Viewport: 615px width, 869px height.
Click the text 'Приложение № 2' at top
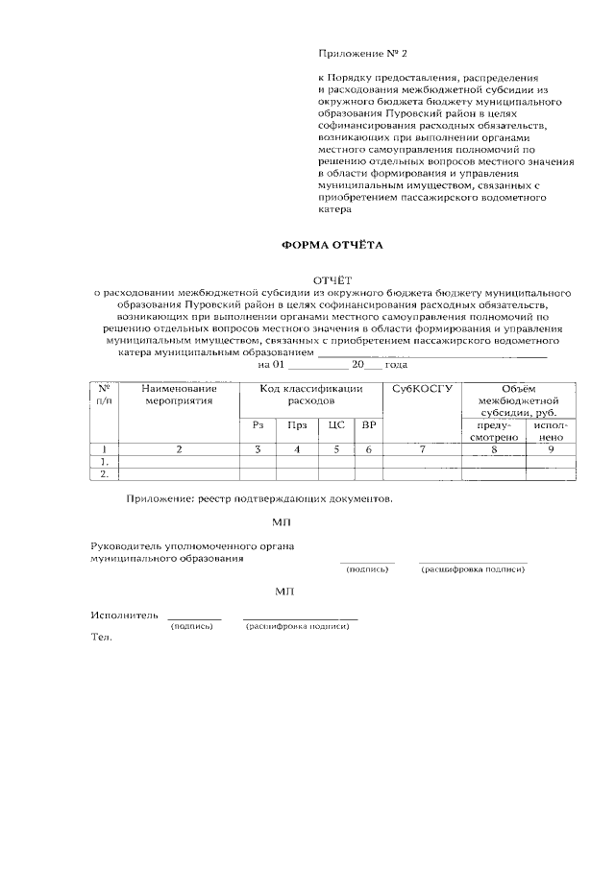coord(357,56)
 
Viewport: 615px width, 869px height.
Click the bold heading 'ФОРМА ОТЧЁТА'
coord(332,245)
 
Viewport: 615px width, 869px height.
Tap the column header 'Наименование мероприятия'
coord(179,394)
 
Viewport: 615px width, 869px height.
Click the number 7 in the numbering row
coord(421,448)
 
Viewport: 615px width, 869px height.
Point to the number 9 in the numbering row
coord(551,448)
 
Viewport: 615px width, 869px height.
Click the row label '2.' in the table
coord(103,472)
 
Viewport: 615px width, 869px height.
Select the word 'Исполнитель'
coord(118,615)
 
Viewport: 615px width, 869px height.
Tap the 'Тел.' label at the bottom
coord(101,638)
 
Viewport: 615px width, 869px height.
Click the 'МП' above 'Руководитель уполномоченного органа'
coord(282,521)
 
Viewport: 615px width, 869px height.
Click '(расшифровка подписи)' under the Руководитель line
coord(473,569)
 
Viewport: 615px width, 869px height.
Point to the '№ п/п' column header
coord(103,394)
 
